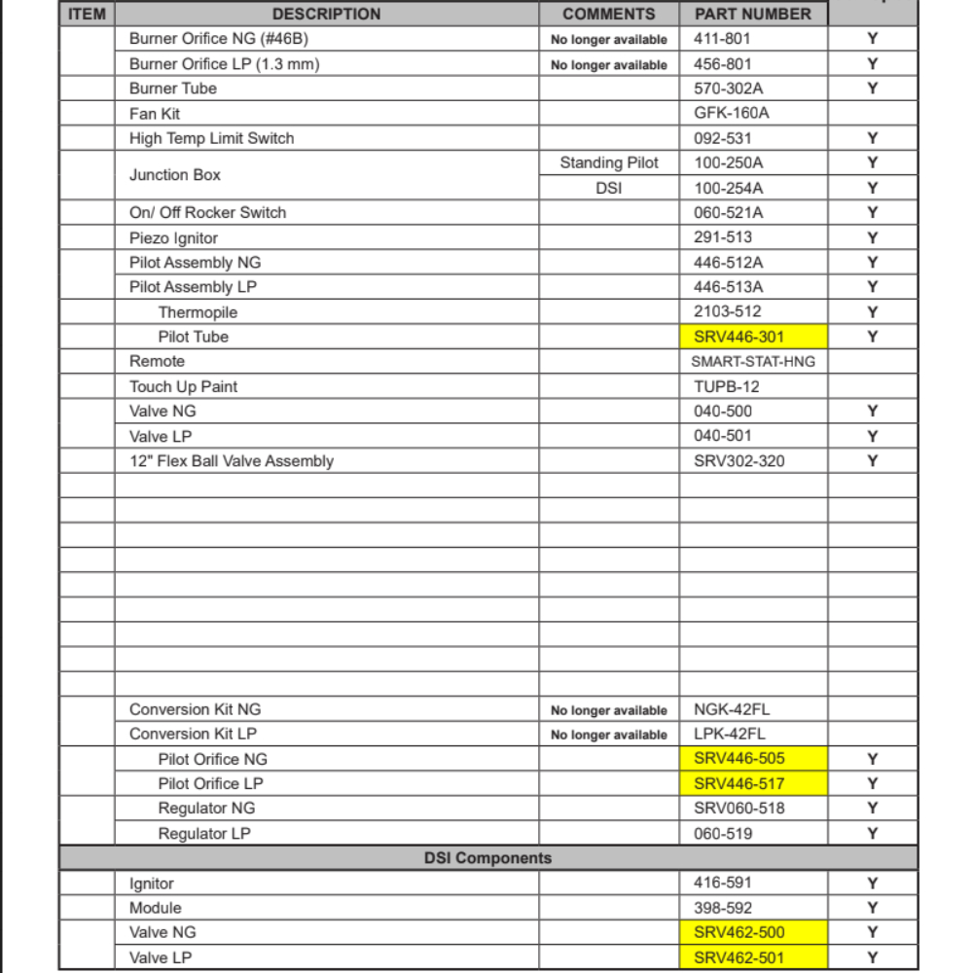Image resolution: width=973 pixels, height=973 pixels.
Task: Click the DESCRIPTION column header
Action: pos(326,14)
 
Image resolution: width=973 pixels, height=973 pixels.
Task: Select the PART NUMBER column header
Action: pos(752,14)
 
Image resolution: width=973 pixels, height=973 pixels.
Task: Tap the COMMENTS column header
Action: pos(609,14)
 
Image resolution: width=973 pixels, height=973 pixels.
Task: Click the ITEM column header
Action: pos(87,14)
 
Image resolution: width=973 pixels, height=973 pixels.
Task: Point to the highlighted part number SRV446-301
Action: pos(739,337)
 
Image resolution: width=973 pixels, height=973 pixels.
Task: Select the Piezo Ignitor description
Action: pos(173,237)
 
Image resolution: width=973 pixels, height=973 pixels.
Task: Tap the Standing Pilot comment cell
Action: pos(609,162)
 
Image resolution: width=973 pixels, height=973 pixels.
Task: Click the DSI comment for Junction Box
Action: pos(608,188)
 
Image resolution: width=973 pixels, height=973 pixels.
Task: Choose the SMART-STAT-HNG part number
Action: pos(753,361)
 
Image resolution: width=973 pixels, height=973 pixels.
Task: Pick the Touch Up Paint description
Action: pos(183,386)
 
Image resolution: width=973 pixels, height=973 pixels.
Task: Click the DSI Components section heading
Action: pos(487,858)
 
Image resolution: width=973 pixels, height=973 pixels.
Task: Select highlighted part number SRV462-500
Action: pos(739,932)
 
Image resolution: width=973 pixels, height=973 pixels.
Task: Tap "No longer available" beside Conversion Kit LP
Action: pos(609,735)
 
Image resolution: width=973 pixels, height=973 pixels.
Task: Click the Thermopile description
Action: pos(198,312)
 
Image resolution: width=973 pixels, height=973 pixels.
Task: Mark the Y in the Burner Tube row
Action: pos(873,89)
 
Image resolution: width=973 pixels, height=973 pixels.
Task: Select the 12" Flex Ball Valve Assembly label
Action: pos(232,461)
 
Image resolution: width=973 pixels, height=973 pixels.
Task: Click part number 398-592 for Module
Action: pos(723,908)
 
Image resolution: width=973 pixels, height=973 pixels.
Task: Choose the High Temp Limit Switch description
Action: pos(211,138)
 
